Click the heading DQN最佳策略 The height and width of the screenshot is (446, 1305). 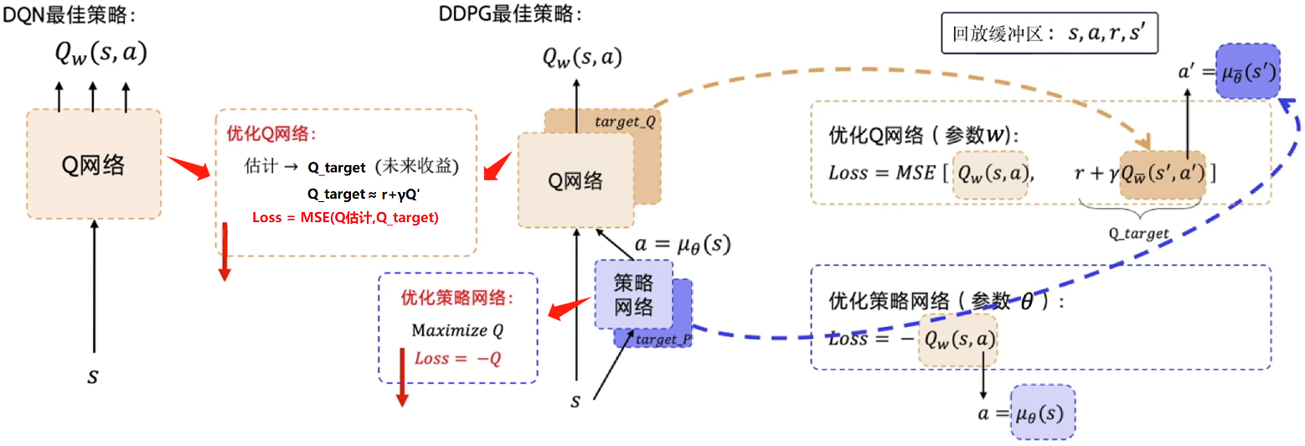70,14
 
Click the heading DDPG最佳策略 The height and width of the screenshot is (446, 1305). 510,14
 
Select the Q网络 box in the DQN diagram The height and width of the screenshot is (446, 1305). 94,164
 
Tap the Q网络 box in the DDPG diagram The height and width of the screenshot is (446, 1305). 575,179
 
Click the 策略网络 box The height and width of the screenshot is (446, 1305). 633,294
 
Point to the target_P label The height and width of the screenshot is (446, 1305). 663,340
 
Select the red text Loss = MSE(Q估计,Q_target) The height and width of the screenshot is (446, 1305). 345,218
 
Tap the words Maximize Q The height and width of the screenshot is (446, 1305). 457,330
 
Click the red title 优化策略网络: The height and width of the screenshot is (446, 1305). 456,298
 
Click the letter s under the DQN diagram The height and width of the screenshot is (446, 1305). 93,376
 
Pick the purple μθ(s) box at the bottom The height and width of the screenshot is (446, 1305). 1042,412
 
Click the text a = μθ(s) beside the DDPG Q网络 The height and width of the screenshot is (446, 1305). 683,246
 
